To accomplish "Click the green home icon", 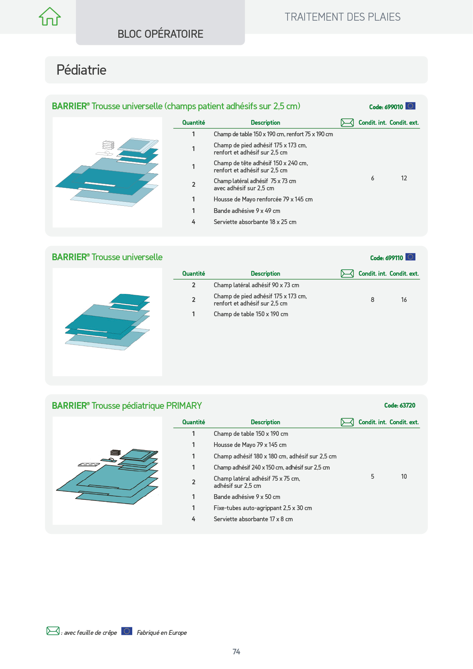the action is click(50, 16).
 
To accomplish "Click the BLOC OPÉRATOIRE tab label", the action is click(160, 34).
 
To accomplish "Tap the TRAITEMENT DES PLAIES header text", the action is click(342, 17).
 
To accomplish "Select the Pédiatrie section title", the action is click(81, 70).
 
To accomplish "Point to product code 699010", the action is click(386, 107).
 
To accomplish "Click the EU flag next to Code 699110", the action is click(410, 257).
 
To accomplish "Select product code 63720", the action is click(400, 405).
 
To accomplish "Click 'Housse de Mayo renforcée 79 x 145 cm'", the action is click(263, 199).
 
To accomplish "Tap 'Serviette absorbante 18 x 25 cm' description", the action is click(255, 222).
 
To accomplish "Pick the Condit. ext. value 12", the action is click(404, 178).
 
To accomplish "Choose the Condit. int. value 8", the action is click(373, 300).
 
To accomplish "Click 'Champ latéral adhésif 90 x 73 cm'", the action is click(256, 285).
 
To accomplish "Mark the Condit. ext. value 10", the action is click(404, 476).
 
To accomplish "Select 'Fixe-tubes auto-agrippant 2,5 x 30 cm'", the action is click(263, 508).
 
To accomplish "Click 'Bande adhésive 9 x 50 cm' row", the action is click(247, 497).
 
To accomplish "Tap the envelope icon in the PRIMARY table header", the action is click(347, 422).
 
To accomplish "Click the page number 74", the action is click(236, 652).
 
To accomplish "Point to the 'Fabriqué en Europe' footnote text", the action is click(162, 632).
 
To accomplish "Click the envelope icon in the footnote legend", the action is click(53, 631).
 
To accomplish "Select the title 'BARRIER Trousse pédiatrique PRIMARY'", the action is click(127, 406).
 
